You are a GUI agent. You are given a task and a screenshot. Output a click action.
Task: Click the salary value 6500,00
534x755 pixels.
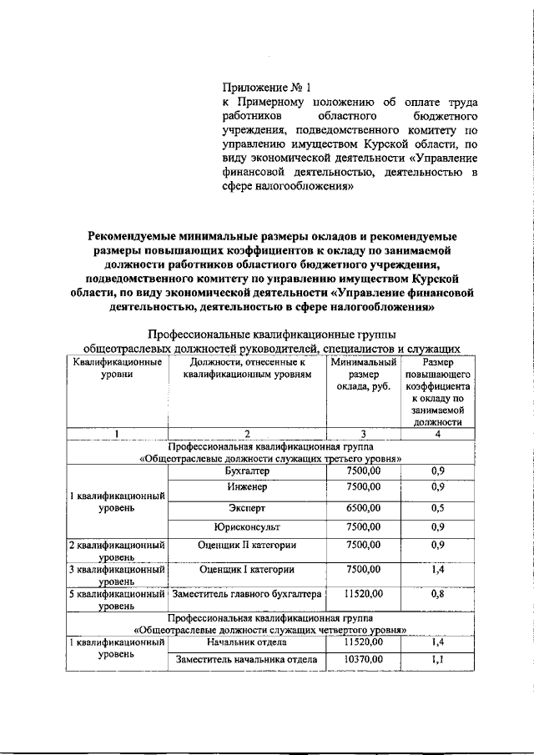click(x=363, y=507)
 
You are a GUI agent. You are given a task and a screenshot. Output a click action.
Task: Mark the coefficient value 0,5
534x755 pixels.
click(x=437, y=507)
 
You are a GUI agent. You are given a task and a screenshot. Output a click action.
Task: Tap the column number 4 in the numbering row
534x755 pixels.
click(x=437, y=434)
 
